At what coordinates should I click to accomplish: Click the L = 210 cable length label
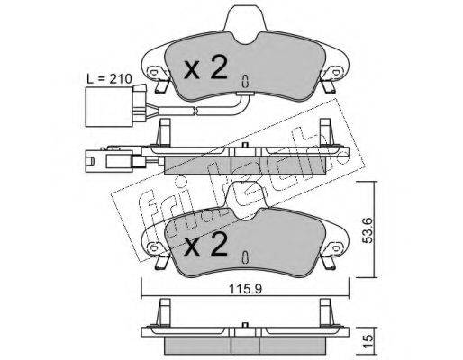(x=109, y=79)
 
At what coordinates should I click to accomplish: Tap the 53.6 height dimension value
(x=368, y=230)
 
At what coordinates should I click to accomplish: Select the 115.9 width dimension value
(x=246, y=289)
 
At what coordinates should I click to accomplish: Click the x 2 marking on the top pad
(x=205, y=68)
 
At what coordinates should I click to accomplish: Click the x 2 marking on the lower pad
(x=205, y=244)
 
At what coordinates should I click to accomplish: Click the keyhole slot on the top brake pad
(x=245, y=81)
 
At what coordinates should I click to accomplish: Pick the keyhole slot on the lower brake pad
(x=245, y=256)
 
